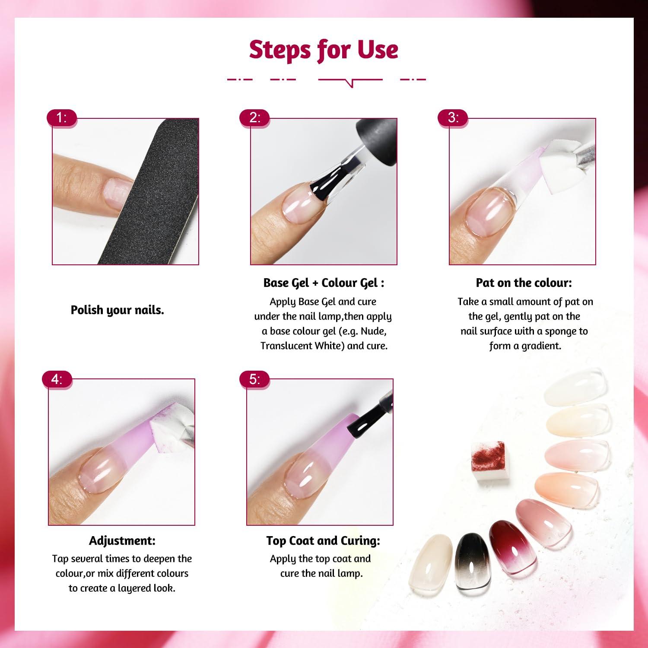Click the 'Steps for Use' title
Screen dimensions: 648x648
pos(324,50)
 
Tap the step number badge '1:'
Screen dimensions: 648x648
pos(62,118)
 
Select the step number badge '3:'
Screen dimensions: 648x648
pos(453,118)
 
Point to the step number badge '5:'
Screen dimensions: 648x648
pos(255,379)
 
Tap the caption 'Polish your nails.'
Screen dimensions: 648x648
pos(118,310)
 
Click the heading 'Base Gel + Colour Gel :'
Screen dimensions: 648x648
pos(324,283)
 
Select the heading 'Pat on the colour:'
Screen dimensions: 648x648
pos(524,283)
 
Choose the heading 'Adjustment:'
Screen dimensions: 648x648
pos(122,540)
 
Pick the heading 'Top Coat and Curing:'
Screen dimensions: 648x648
pos(323,540)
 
